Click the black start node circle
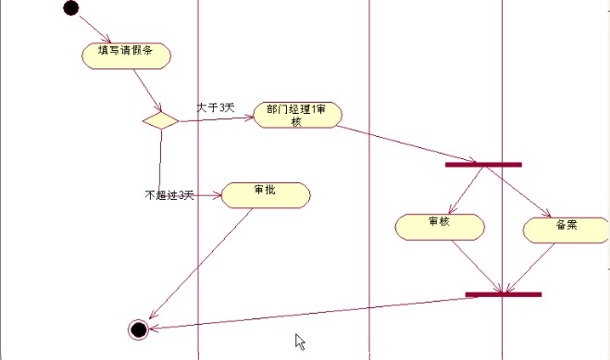71,8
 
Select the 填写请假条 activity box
125,54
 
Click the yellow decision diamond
160,120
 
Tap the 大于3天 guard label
216,108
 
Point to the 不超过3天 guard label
168,195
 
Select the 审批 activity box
266,194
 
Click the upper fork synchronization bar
483,165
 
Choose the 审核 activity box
439,226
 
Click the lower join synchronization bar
503,294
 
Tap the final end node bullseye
139,329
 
